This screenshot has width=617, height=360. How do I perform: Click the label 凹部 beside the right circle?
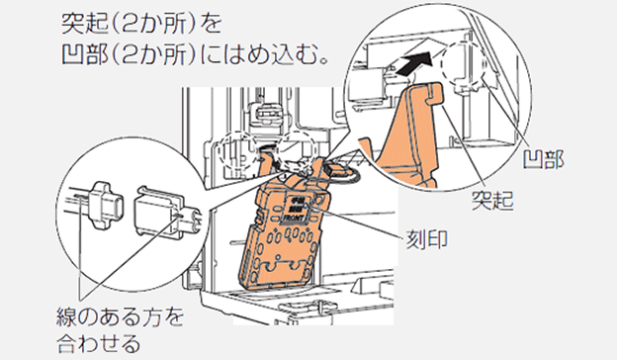[x=544, y=159]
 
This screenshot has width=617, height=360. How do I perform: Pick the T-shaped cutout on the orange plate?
[x=286, y=266]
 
